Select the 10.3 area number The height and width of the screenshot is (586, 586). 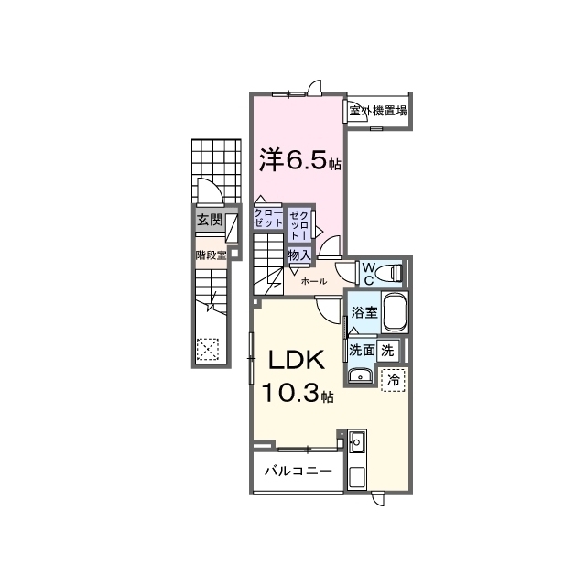290,393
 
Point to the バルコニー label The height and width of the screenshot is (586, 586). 298,471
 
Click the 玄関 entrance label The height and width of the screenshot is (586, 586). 210,220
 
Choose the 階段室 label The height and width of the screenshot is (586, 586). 212,255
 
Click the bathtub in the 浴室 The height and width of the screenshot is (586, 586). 395,312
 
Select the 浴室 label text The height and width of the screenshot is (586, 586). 364,312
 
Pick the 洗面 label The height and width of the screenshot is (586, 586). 362,350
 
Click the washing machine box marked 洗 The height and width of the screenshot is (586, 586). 387,351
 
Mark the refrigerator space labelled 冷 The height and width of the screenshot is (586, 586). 393,380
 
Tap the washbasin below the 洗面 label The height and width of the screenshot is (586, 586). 360,375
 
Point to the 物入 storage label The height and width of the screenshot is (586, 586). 299,255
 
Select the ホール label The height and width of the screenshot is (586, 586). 313,281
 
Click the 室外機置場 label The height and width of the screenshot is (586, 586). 378,111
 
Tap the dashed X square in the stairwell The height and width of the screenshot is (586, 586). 208,349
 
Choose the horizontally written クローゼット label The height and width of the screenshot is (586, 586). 268,218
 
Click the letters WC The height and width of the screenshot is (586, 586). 368,274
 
